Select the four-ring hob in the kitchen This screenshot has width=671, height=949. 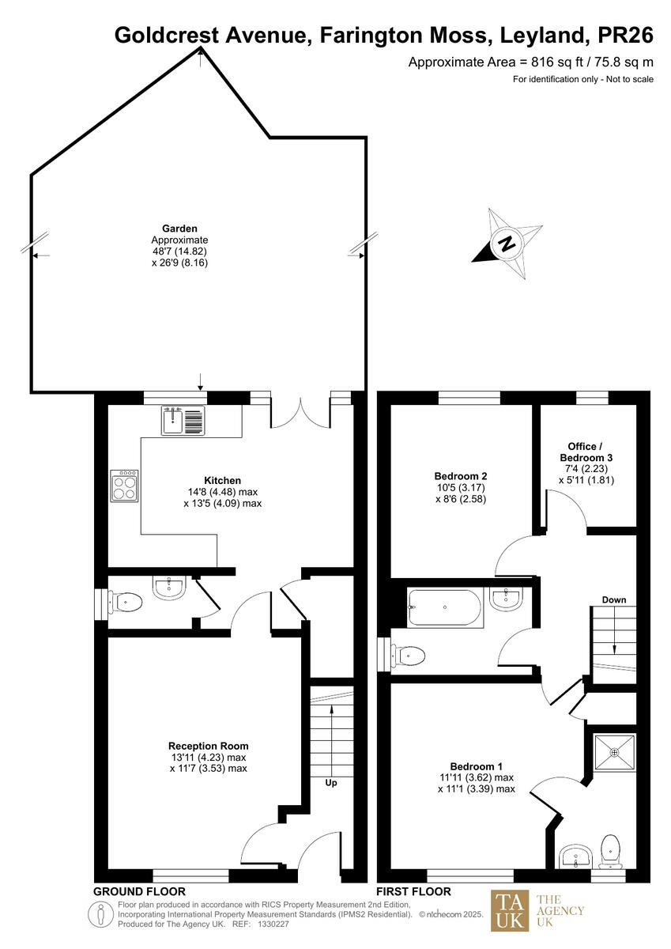pos(124,486)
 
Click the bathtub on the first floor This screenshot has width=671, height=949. pos(444,608)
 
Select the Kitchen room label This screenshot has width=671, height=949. pos(222,480)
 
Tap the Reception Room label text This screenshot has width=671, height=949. pos(208,745)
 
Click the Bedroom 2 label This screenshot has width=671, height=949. pos(460,476)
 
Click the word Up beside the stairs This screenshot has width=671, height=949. pos(332,783)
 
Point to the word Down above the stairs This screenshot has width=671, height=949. pos(613,599)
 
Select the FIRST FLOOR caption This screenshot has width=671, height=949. pos(413,891)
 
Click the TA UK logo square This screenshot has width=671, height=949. pos(510,910)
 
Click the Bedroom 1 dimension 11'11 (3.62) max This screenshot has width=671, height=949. pos(481,777)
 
